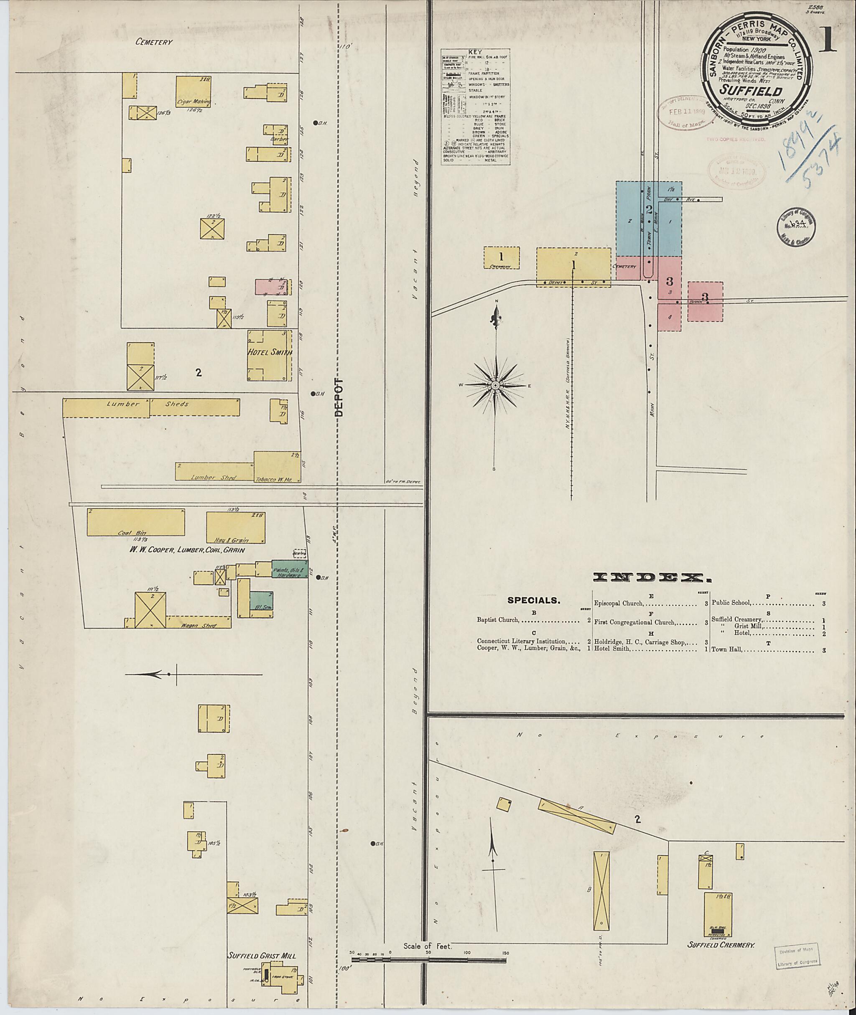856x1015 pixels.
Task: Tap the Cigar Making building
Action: [x=193, y=90]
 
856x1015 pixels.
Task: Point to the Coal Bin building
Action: [x=136, y=522]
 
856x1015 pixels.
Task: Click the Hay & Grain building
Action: [x=235, y=527]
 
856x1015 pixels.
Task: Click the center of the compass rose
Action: [x=495, y=385]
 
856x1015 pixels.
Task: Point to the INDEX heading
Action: [x=649, y=577]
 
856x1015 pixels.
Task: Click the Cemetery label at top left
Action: [x=154, y=42]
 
